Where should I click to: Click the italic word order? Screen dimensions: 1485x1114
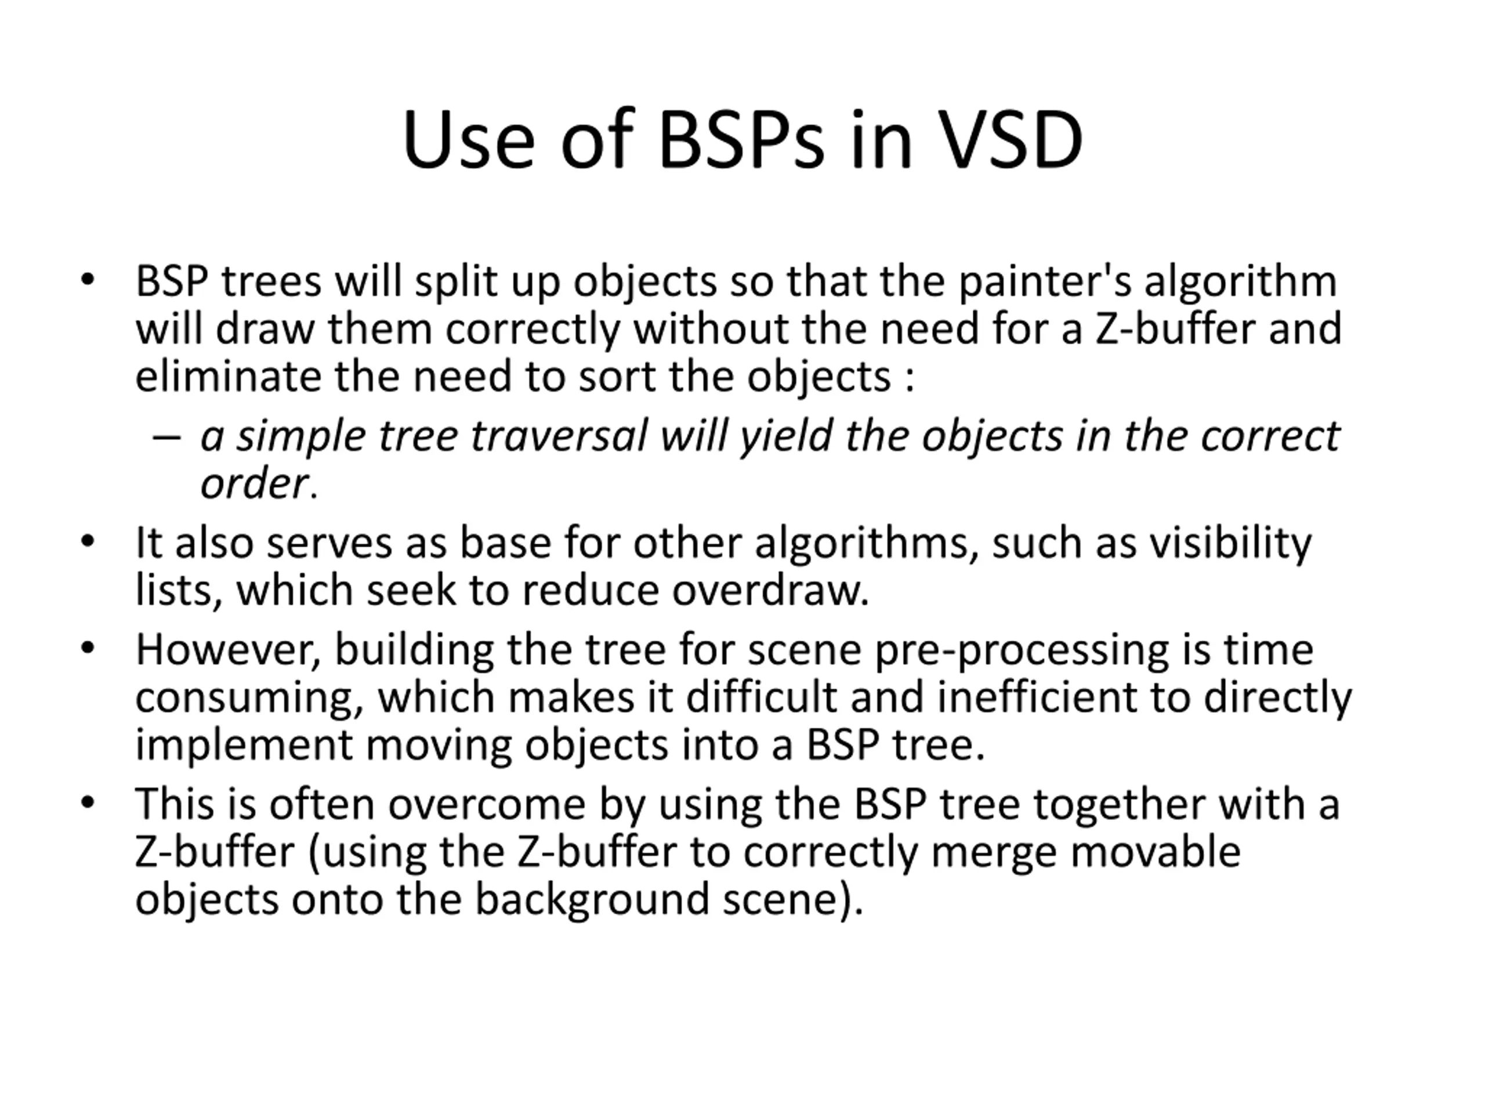(x=253, y=483)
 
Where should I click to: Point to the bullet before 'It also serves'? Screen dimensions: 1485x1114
(x=87, y=541)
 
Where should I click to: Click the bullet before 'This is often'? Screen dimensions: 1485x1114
(x=87, y=802)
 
